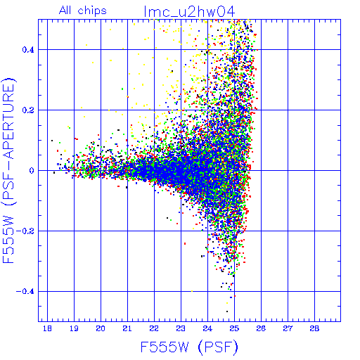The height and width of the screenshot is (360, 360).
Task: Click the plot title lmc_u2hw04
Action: coord(189,12)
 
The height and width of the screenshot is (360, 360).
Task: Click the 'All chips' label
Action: coord(83,11)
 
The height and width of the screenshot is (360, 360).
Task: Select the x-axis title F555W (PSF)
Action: coord(189,347)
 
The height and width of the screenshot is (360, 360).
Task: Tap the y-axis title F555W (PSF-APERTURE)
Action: coord(8,171)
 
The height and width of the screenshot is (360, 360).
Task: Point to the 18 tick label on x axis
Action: coord(47,329)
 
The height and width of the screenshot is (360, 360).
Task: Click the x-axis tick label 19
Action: coord(74,329)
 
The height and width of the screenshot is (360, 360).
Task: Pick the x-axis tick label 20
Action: coord(101,329)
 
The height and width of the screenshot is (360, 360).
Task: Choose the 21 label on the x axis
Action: coord(127,329)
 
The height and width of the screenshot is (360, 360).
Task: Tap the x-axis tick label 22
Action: coord(154,329)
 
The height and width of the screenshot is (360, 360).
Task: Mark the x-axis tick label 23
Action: coord(181,329)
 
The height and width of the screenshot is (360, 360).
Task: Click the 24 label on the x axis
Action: coord(207,329)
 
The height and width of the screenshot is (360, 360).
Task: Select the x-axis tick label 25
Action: coord(234,329)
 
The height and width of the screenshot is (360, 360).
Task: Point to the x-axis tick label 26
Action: coord(261,329)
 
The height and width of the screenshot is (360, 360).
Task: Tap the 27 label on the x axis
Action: coord(288,329)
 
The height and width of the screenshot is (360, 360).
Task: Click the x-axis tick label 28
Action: coord(314,329)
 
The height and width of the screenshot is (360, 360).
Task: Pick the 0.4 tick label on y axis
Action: coord(28,50)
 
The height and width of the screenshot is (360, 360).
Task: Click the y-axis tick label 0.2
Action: coord(28,110)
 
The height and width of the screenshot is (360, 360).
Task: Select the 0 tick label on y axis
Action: coord(32,171)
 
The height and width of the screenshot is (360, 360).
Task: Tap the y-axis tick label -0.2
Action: coord(25,231)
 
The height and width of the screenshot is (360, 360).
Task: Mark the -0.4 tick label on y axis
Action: coord(25,292)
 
